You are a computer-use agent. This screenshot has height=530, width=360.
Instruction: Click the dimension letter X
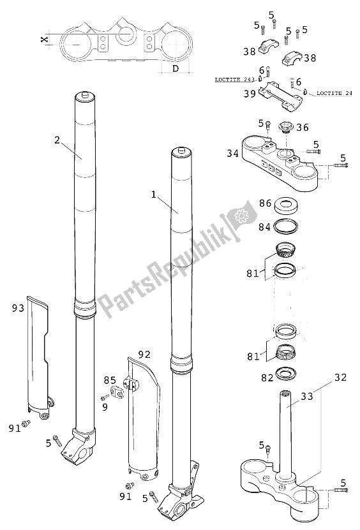[43, 40]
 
